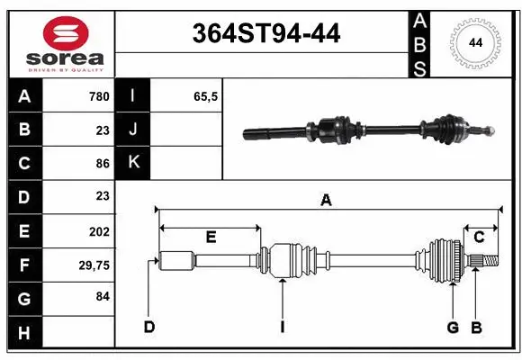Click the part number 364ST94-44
267,34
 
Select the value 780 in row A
98,96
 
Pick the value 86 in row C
102,163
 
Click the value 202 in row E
99,231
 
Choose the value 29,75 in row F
94,265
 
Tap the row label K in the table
133,163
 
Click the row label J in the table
133,130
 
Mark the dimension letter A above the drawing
326,201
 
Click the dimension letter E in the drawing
211,238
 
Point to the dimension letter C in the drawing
479,237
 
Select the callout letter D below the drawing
149,327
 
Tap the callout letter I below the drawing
282,327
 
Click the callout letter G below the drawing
454,327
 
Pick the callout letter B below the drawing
477,327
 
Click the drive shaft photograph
369,130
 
